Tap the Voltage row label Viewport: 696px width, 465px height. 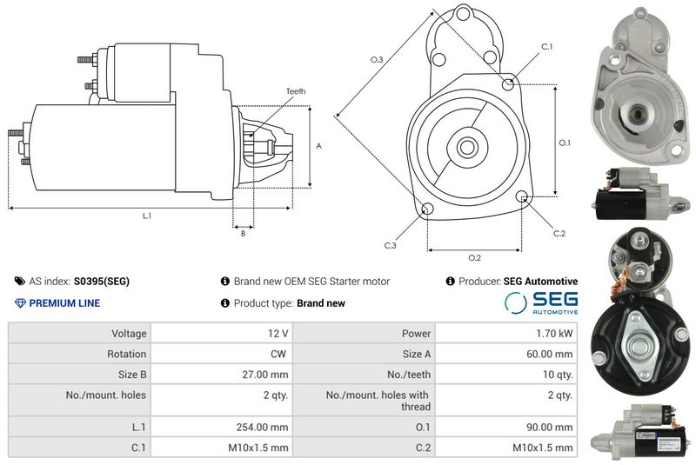coord(128,334)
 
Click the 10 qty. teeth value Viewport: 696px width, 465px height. coord(554,375)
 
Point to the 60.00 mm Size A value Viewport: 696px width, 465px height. coord(550,355)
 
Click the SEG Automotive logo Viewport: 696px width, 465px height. coord(541,302)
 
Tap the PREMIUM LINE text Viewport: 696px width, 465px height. coord(64,303)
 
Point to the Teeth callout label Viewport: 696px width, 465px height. coord(296,91)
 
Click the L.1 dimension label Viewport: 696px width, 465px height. coord(147,216)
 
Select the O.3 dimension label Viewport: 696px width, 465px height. coord(377,59)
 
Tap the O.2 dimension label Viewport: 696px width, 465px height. coord(474,257)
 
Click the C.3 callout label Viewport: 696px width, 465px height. coord(391,246)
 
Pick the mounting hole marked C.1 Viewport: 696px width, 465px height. coord(509,84)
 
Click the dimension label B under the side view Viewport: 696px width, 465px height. coord(243,233)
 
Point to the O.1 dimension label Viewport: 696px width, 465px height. coord(565,143)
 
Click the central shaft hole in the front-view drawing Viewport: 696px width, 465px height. coord(465,146)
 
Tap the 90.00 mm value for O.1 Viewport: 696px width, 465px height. coord(550,427)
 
